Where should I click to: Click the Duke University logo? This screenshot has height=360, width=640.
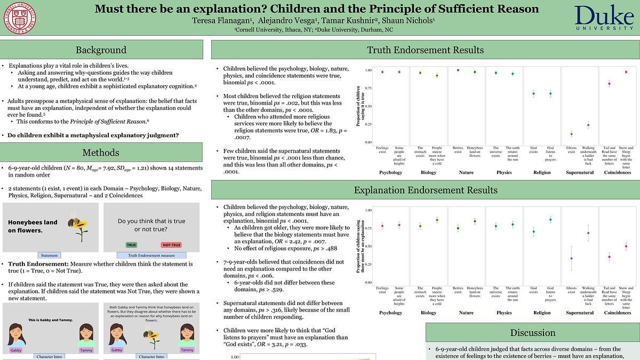[605, 18]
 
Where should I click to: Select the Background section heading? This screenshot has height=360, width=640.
[101, 50]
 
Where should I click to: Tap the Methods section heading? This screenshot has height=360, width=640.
[101, 153]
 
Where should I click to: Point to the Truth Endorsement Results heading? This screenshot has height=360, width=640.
[425, 50]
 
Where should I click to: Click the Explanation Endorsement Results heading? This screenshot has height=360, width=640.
[425, 190]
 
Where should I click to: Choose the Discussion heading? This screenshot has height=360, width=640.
[532, 333]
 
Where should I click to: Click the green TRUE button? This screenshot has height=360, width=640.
[131, 245]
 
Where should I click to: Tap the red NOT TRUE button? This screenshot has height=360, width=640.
[172, 245]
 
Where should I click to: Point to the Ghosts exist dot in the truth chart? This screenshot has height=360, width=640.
[571, 134]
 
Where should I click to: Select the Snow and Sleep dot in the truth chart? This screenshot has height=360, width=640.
[626, 72]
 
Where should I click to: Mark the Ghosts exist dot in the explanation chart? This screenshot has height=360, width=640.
[571, 258]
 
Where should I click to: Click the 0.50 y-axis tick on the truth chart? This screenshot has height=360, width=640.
[368, 106]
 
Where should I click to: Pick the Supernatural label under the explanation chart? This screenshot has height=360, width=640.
[580, 313]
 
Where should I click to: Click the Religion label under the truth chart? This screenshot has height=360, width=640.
[542, 173]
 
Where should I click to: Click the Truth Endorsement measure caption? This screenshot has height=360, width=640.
[151, 255]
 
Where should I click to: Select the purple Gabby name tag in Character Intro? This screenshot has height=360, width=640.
[16, 350]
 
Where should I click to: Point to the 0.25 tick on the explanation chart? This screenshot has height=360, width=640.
[368, 265]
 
